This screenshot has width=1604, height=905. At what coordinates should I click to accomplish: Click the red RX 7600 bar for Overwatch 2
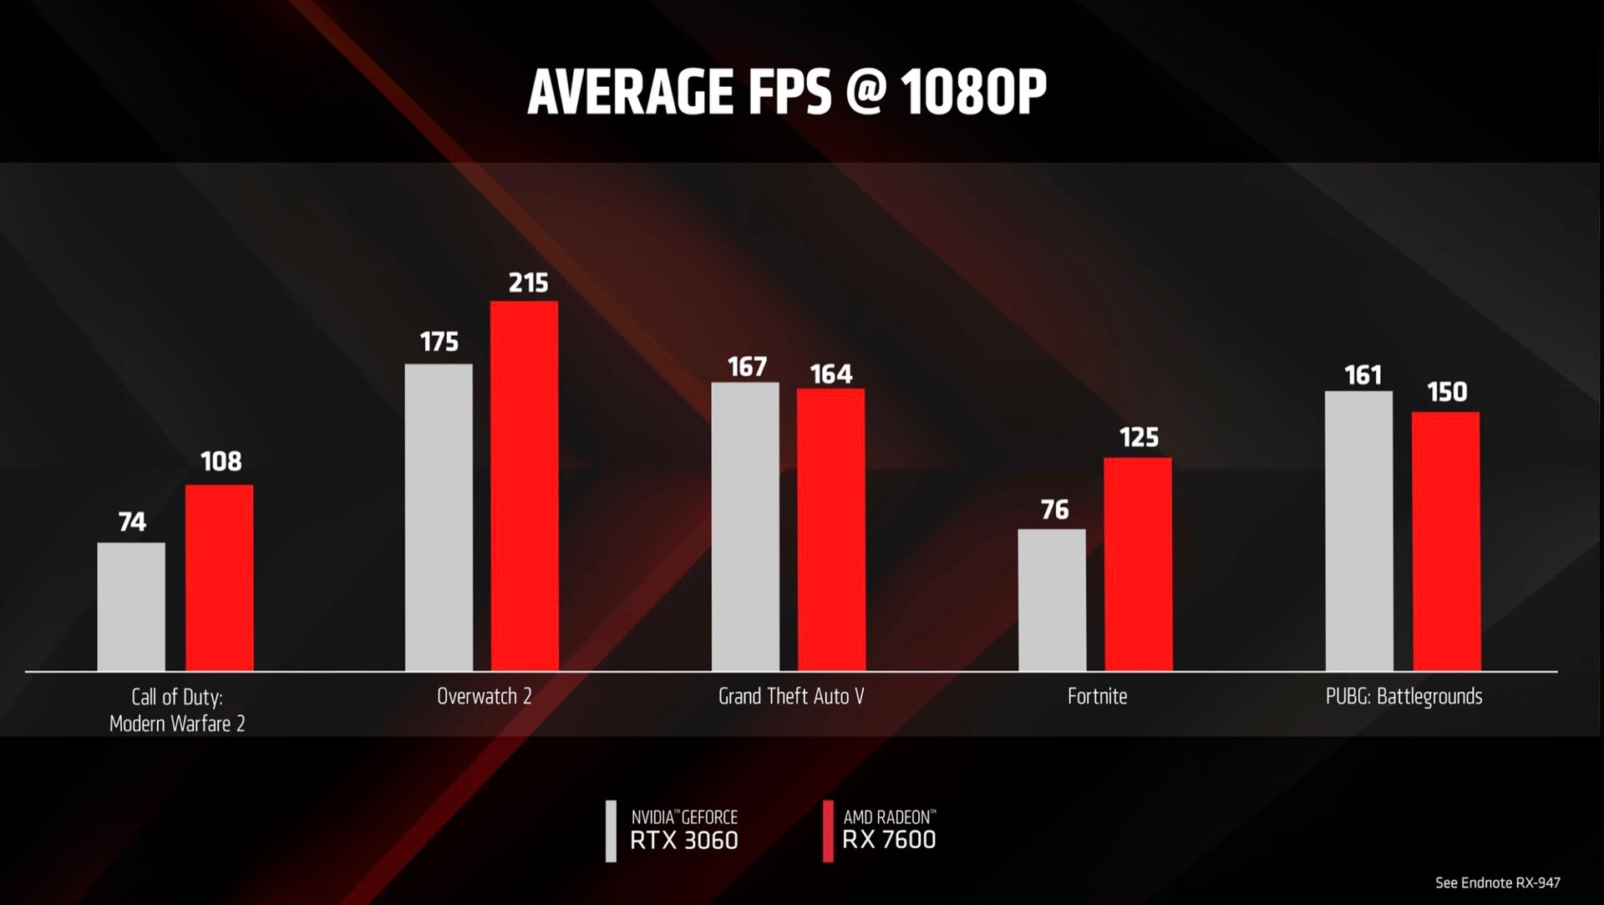point(524,486)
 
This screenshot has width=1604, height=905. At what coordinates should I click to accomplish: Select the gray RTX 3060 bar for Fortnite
point(1052,600)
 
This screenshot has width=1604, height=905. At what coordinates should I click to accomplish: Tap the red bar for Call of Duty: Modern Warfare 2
point(219,577)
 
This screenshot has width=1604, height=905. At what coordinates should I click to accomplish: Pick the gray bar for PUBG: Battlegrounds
point(1359,531)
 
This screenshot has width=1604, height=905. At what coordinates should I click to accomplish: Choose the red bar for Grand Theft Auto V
point(830,530)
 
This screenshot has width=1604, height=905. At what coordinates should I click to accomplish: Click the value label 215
point(528,283)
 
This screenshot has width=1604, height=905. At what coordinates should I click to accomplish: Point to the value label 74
point(132,522)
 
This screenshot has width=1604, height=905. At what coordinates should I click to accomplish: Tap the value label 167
point(746,367)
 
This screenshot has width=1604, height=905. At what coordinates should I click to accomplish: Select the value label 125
point(1139,438)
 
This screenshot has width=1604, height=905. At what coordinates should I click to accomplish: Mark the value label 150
point(1447,392)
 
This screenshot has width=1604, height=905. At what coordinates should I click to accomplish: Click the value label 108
point(221,461)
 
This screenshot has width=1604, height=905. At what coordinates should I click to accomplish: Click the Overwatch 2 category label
point(484,696)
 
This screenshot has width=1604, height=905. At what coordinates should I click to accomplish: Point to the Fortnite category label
point(1097,696)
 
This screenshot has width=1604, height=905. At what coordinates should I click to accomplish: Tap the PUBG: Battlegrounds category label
point(1403,696)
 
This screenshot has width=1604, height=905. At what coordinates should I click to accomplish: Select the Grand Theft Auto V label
point(791,696)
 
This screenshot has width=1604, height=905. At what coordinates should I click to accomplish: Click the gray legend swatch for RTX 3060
point(611,831)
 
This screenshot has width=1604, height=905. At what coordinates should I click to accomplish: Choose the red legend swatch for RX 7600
point(828,831)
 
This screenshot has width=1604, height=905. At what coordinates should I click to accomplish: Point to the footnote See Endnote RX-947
point(1497,882)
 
